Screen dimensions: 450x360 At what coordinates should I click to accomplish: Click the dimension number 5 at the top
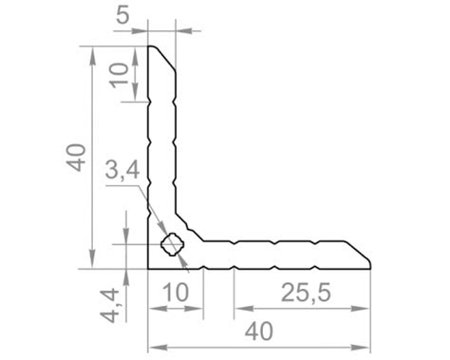pyautogui.click(x=122, y=15)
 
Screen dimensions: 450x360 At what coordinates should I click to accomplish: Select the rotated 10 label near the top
pyautogui.click(x=119, y=75)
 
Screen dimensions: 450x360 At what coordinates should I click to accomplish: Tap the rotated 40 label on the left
pyautogui.click(x=76, y=158)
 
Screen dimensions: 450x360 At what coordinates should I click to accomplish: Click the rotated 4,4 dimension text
pyautogui.click(x=109, y=306)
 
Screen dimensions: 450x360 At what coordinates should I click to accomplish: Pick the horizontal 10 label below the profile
pyautogui.click(x=177, y=292)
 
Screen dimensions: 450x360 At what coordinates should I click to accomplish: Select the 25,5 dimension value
pyautogui.click(x=306, y=293)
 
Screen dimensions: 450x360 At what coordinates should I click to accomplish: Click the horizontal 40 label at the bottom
pyautogui.click(x=259, y=332)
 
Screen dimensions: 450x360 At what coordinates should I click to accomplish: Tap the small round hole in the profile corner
pyautogui.click(x=172, y=244)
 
